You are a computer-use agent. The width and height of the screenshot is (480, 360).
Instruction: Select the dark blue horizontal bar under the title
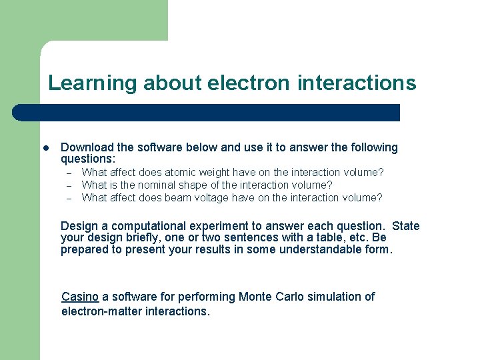[207, 113]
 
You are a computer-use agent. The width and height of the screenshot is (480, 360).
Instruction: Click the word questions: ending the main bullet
[88, 159]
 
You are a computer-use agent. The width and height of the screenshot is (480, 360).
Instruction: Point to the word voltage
[224, 198]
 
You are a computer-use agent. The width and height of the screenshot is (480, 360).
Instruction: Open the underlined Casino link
[80, 297]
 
